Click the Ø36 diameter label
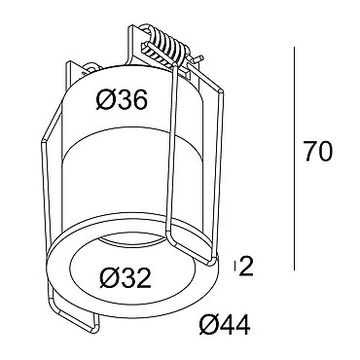pos(122,99)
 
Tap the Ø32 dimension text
pos(126,278)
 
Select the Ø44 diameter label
pos(225,325)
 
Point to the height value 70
pos(318,152)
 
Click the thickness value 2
pos(246,267)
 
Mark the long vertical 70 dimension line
pos(294,159)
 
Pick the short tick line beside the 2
pos(234,267)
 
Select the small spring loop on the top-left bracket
pos(90,67)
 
